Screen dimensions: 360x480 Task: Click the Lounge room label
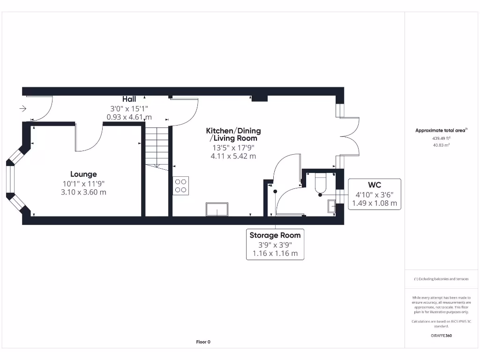(83, 174)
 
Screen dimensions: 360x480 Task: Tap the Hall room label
(129, 99)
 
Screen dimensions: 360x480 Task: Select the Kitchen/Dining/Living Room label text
(233, 134)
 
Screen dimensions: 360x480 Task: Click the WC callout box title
(375, 185)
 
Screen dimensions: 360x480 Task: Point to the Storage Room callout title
(275, 235)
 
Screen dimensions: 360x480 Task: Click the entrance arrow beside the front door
(22, 109)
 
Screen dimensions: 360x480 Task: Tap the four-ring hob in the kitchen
(181, 186)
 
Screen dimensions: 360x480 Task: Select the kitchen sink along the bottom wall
(217, 209)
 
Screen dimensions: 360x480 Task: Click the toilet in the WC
(321, 184)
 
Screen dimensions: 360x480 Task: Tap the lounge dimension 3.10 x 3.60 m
(83, 192)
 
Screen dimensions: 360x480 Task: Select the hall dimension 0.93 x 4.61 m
(129, 117)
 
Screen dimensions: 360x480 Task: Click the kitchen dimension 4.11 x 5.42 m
(233, 156)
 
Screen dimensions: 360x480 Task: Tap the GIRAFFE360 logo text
(441, 336)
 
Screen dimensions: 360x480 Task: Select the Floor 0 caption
(203, 342)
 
